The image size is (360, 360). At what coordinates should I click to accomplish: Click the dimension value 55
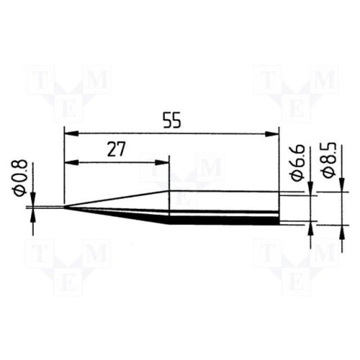point(171,120)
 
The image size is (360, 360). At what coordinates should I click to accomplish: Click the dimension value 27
point(117,149)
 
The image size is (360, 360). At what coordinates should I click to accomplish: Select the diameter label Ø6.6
point(297,163)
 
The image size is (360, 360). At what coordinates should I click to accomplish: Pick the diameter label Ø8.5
point(328,160)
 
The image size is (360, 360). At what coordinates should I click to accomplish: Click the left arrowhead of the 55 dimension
point(71,134)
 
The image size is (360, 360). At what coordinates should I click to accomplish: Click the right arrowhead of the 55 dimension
point(272,134)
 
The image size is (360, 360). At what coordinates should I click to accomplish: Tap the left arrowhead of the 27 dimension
point(72,163)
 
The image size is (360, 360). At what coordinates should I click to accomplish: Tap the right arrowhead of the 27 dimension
point(162,163)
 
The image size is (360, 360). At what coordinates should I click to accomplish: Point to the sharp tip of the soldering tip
point(64,207)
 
